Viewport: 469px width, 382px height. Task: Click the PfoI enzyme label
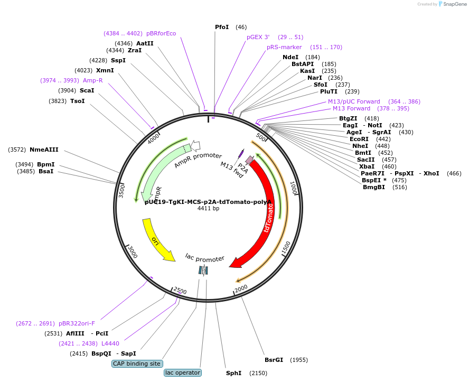coord(222,27)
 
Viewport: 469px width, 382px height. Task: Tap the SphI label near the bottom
coord(233,373)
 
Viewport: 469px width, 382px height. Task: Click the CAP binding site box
coord(137,364)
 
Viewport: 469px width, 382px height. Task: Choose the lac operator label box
coord(183,372)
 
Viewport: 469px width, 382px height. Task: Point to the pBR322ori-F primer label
coord(77,323)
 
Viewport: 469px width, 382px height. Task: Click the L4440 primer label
coord(110,343)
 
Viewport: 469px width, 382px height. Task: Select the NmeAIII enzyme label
coord(44,150)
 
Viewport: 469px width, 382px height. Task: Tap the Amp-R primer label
coord(93,80)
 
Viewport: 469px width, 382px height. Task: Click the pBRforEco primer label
coord(161,33)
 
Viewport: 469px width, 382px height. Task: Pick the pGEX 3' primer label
coord(258,37)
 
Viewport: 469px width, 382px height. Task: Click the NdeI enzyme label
coord(290,57)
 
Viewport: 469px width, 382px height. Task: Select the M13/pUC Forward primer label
coord(354,101)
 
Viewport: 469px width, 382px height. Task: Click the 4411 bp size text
coord(208,209)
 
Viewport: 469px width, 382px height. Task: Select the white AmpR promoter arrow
coord(195,145)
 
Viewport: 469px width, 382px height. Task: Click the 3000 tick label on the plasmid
coord(133,253)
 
